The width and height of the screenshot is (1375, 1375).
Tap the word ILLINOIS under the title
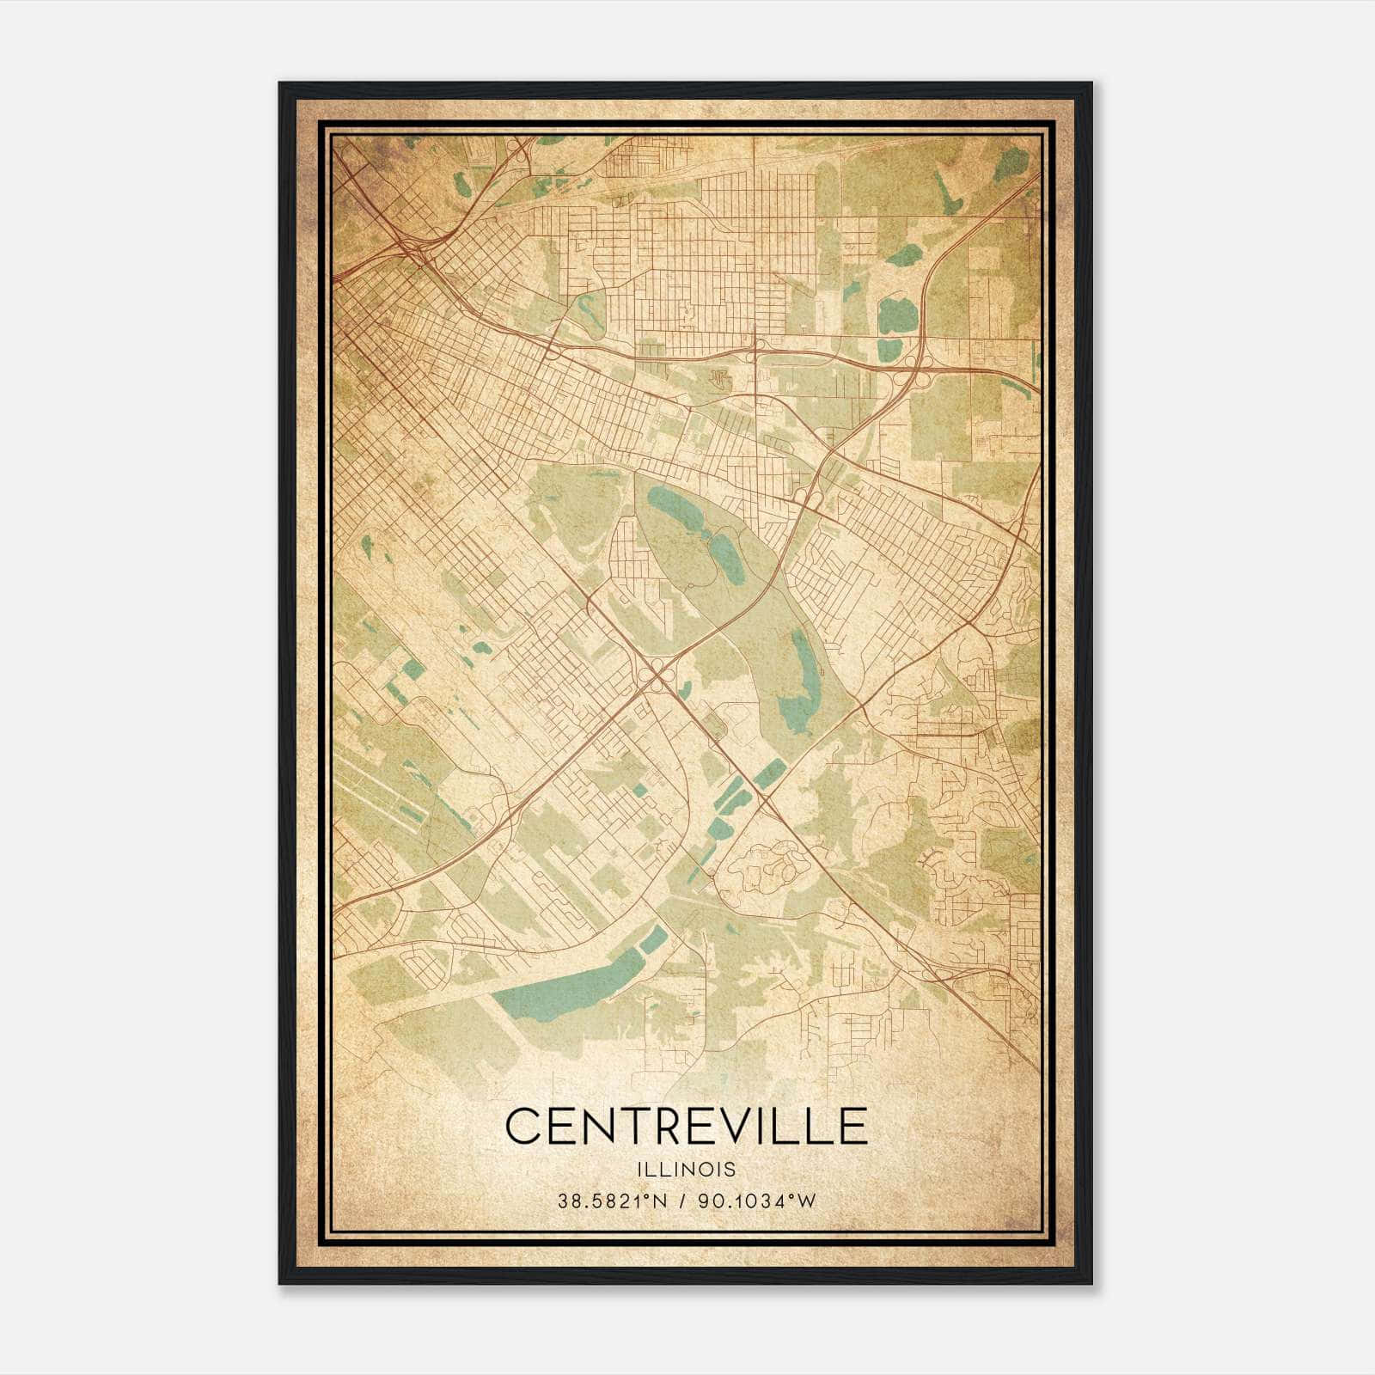pyautogui.click(x=686, y=1170)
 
